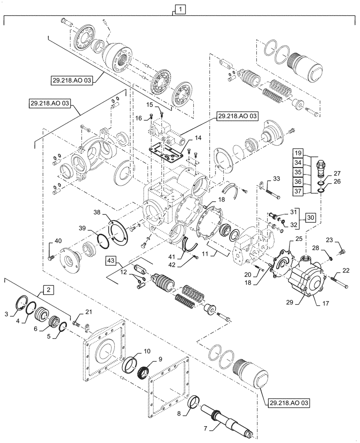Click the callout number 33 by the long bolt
point(276,179)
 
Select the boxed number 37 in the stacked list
point(298,191)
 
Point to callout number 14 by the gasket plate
point(198,139)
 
